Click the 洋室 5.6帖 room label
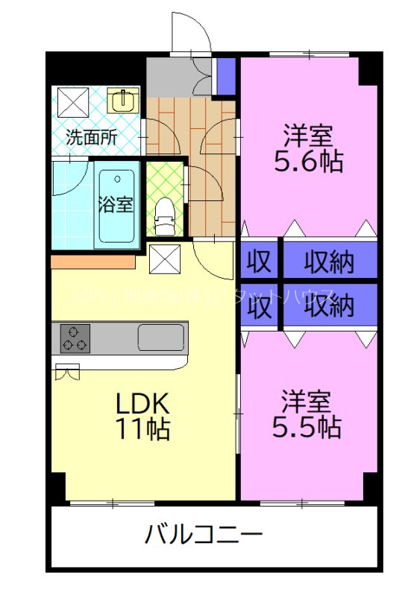click(x=307, y=148)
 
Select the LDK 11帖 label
click(x=142, y=415)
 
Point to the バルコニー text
click(x=203, y=534)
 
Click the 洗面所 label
click(x=92, y=137)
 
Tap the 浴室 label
click(x=117, y=203)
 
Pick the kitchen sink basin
click(x=160, y=337)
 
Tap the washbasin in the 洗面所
click(x=123, y=100)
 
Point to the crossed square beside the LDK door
click(x=163, y=259)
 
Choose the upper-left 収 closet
click(x=258, y=261)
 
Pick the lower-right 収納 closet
click(x=328, y=305)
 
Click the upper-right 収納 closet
click(x=328, y=261)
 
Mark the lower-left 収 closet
click(x=258, y=305)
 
